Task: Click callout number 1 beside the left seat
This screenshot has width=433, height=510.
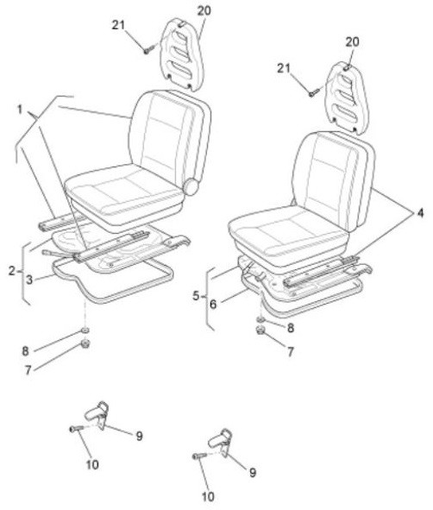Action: [x=20, y=110]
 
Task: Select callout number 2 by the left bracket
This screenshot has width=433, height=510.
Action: [x=12, y=271]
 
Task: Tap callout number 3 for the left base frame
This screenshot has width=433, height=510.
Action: [x=29, y=280]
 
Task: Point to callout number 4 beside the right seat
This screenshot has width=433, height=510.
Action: [x=420, y=213]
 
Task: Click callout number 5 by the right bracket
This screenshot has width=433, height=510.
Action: [x=196, y=296]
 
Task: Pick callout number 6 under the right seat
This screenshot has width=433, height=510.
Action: [x=213, y=305]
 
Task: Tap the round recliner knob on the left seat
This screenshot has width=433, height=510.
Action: [x=191, y=186]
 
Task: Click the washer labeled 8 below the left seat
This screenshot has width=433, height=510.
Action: [x=85, y=331]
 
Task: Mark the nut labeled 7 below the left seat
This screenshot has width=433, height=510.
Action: [x=85, y=343]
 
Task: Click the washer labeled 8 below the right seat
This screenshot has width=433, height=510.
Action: [x=260, y=319]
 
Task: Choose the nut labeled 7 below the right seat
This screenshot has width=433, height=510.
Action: [x=260, y=331]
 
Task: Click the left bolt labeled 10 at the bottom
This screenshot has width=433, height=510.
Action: [x=77, y=429]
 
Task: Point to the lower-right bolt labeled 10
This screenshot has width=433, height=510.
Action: [x=199, y=456]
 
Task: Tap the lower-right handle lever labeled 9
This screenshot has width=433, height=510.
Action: [x=222, y=441]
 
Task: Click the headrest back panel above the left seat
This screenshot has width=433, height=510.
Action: [x=182, y=54]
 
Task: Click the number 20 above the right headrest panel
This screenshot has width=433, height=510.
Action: [x=352, y=42]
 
